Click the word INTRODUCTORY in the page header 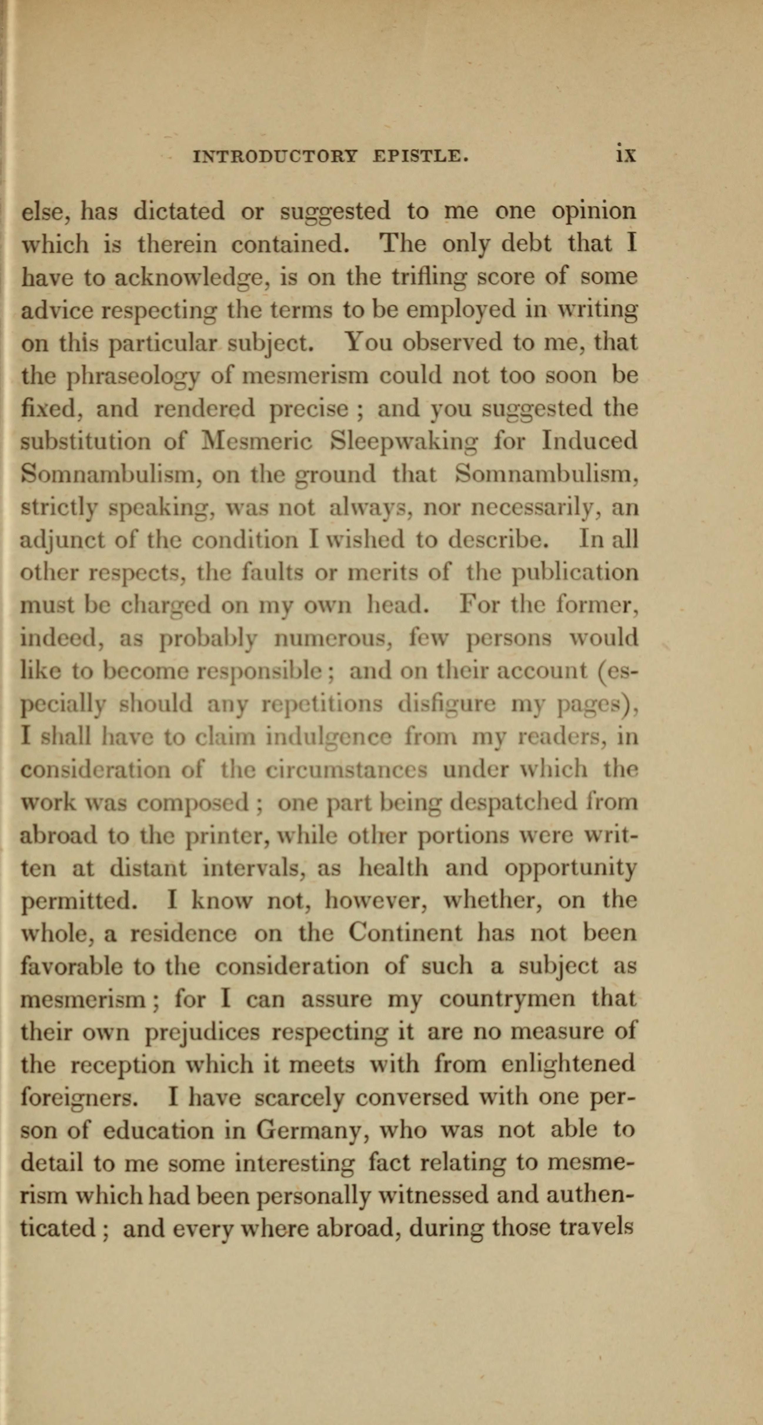[x=275, y=157]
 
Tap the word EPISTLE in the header [x=421, y=157]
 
